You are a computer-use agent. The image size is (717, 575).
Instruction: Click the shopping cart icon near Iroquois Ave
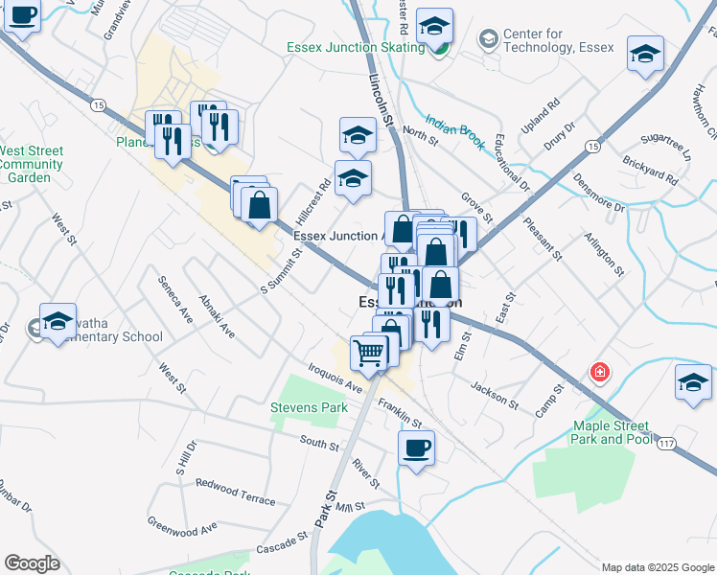(x=369, y=353)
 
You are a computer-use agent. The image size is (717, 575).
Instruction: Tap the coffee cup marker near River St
(x=416, y=448)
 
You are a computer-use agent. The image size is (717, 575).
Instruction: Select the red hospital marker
(x=600, y=371)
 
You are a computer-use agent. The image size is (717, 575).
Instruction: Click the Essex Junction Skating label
(x=356, y=47)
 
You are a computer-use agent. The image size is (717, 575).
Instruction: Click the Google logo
(x=32, y=563)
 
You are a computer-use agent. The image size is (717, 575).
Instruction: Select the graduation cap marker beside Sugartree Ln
(x=645, y=54)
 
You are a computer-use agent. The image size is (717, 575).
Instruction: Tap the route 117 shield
(x=668, y=440)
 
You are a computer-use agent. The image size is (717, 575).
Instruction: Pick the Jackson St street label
(x=495, y=395)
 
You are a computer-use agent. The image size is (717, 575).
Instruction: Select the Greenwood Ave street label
(x=182, y=524)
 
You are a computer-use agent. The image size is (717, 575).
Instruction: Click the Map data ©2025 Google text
(x=657, y=566)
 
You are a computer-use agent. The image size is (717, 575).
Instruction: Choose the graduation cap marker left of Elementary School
(x=58, y=322)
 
